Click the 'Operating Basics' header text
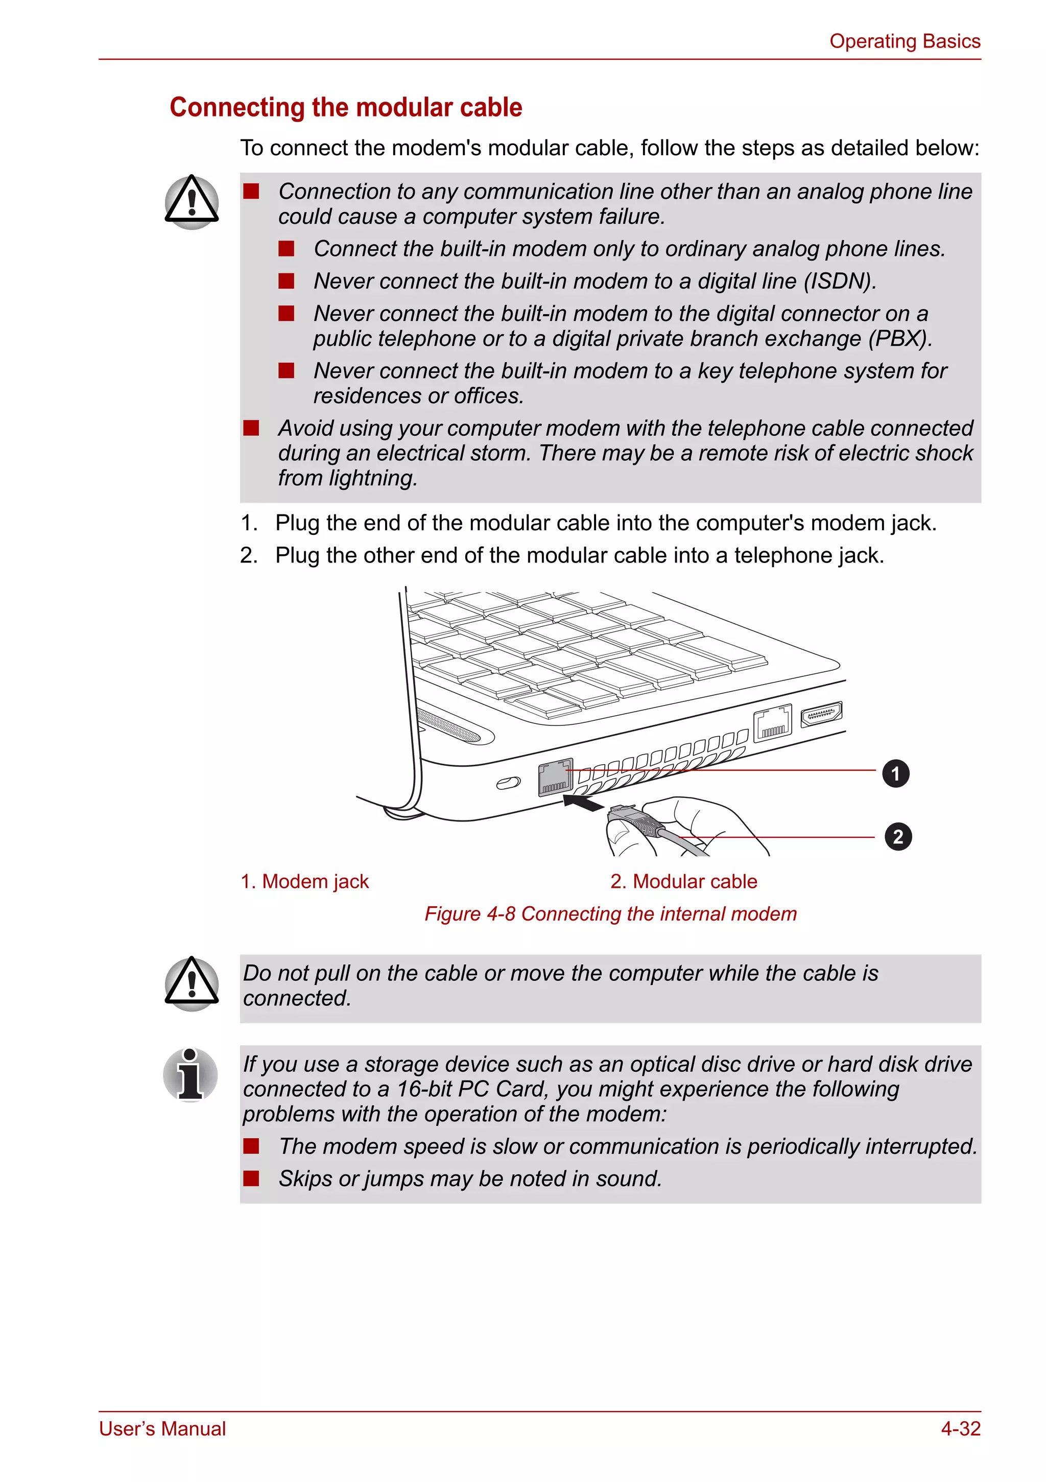pos(904,41)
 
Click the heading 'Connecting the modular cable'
pos(345,107)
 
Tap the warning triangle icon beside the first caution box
pos(191,202)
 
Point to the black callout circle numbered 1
pos(895,773)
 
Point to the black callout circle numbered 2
pos(897,837)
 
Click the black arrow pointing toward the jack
pos(583,804)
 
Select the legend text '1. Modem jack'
pos(304,882)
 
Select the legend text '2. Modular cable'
pos(683,882)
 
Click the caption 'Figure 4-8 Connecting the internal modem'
pos(610,914)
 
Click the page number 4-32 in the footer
pos(960,1428)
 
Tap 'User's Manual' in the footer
pos(162,1428)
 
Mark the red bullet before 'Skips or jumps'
pos(251,1179)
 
